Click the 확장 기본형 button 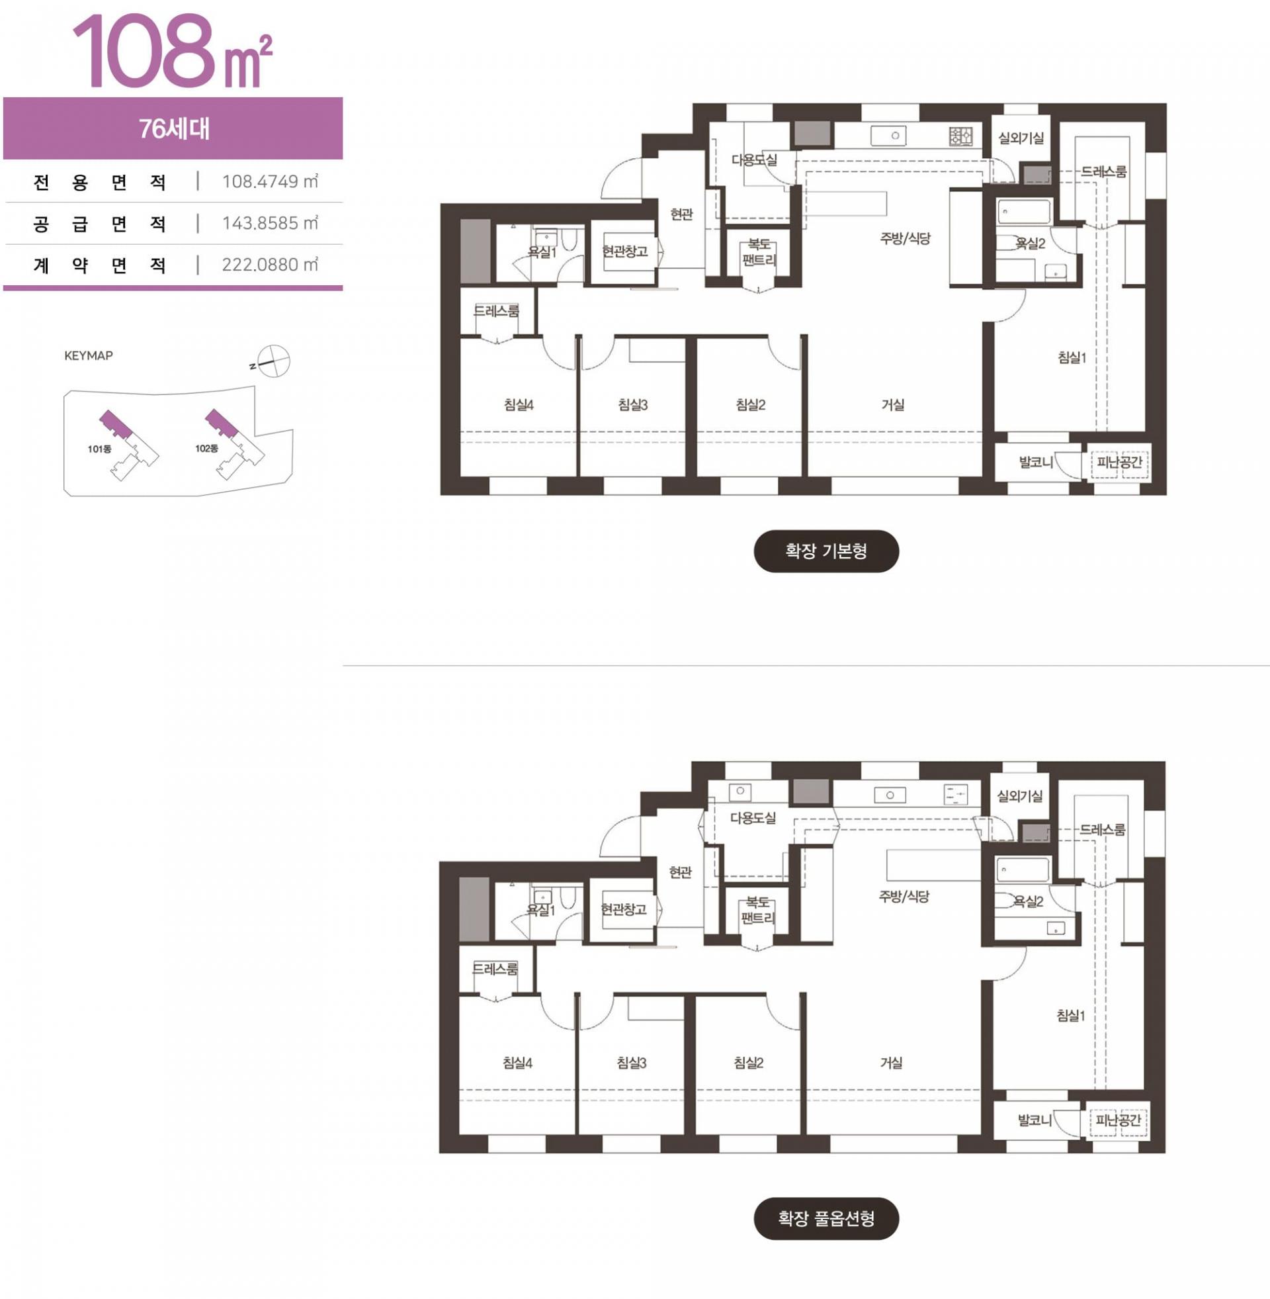click(x=825, y=551)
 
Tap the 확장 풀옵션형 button click(x=825, y=1218)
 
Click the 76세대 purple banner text click(x=173, y=129)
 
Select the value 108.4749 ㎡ click(x=270, y=181)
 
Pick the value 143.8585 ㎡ click(x=270, y=223)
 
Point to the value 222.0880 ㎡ click(x=270, y=265)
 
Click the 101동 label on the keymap click(x=99, y=449)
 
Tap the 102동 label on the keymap click(x=207, y=449)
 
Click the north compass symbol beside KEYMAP click(x=272, y=361)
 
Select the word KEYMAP click(x=89, y=355)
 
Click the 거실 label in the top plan click(x=892, y=404)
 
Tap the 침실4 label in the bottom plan click(x=517, y=1063)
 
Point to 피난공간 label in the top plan click(x=1119, y=462)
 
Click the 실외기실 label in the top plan click(x=1021, y=138)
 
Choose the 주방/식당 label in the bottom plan click(x=904, y=896)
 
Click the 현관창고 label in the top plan click(x=624, y=251)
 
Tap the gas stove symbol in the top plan click(x=960, y=137)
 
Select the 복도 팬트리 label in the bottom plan click(x=758, y=910)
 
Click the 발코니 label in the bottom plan click(x=1035, y=1120)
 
